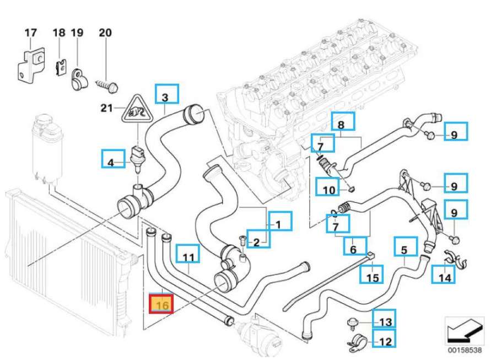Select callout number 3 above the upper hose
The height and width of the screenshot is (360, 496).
[x=166, y=96]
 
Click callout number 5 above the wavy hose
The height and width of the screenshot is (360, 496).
[x=404, y=249]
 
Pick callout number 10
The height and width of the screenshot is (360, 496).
[x=328, y=189]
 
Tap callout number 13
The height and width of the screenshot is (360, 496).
[x=385, y=320]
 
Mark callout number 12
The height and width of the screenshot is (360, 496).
[x=385, y=340]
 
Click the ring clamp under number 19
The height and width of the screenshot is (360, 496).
[x=76, y=82]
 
